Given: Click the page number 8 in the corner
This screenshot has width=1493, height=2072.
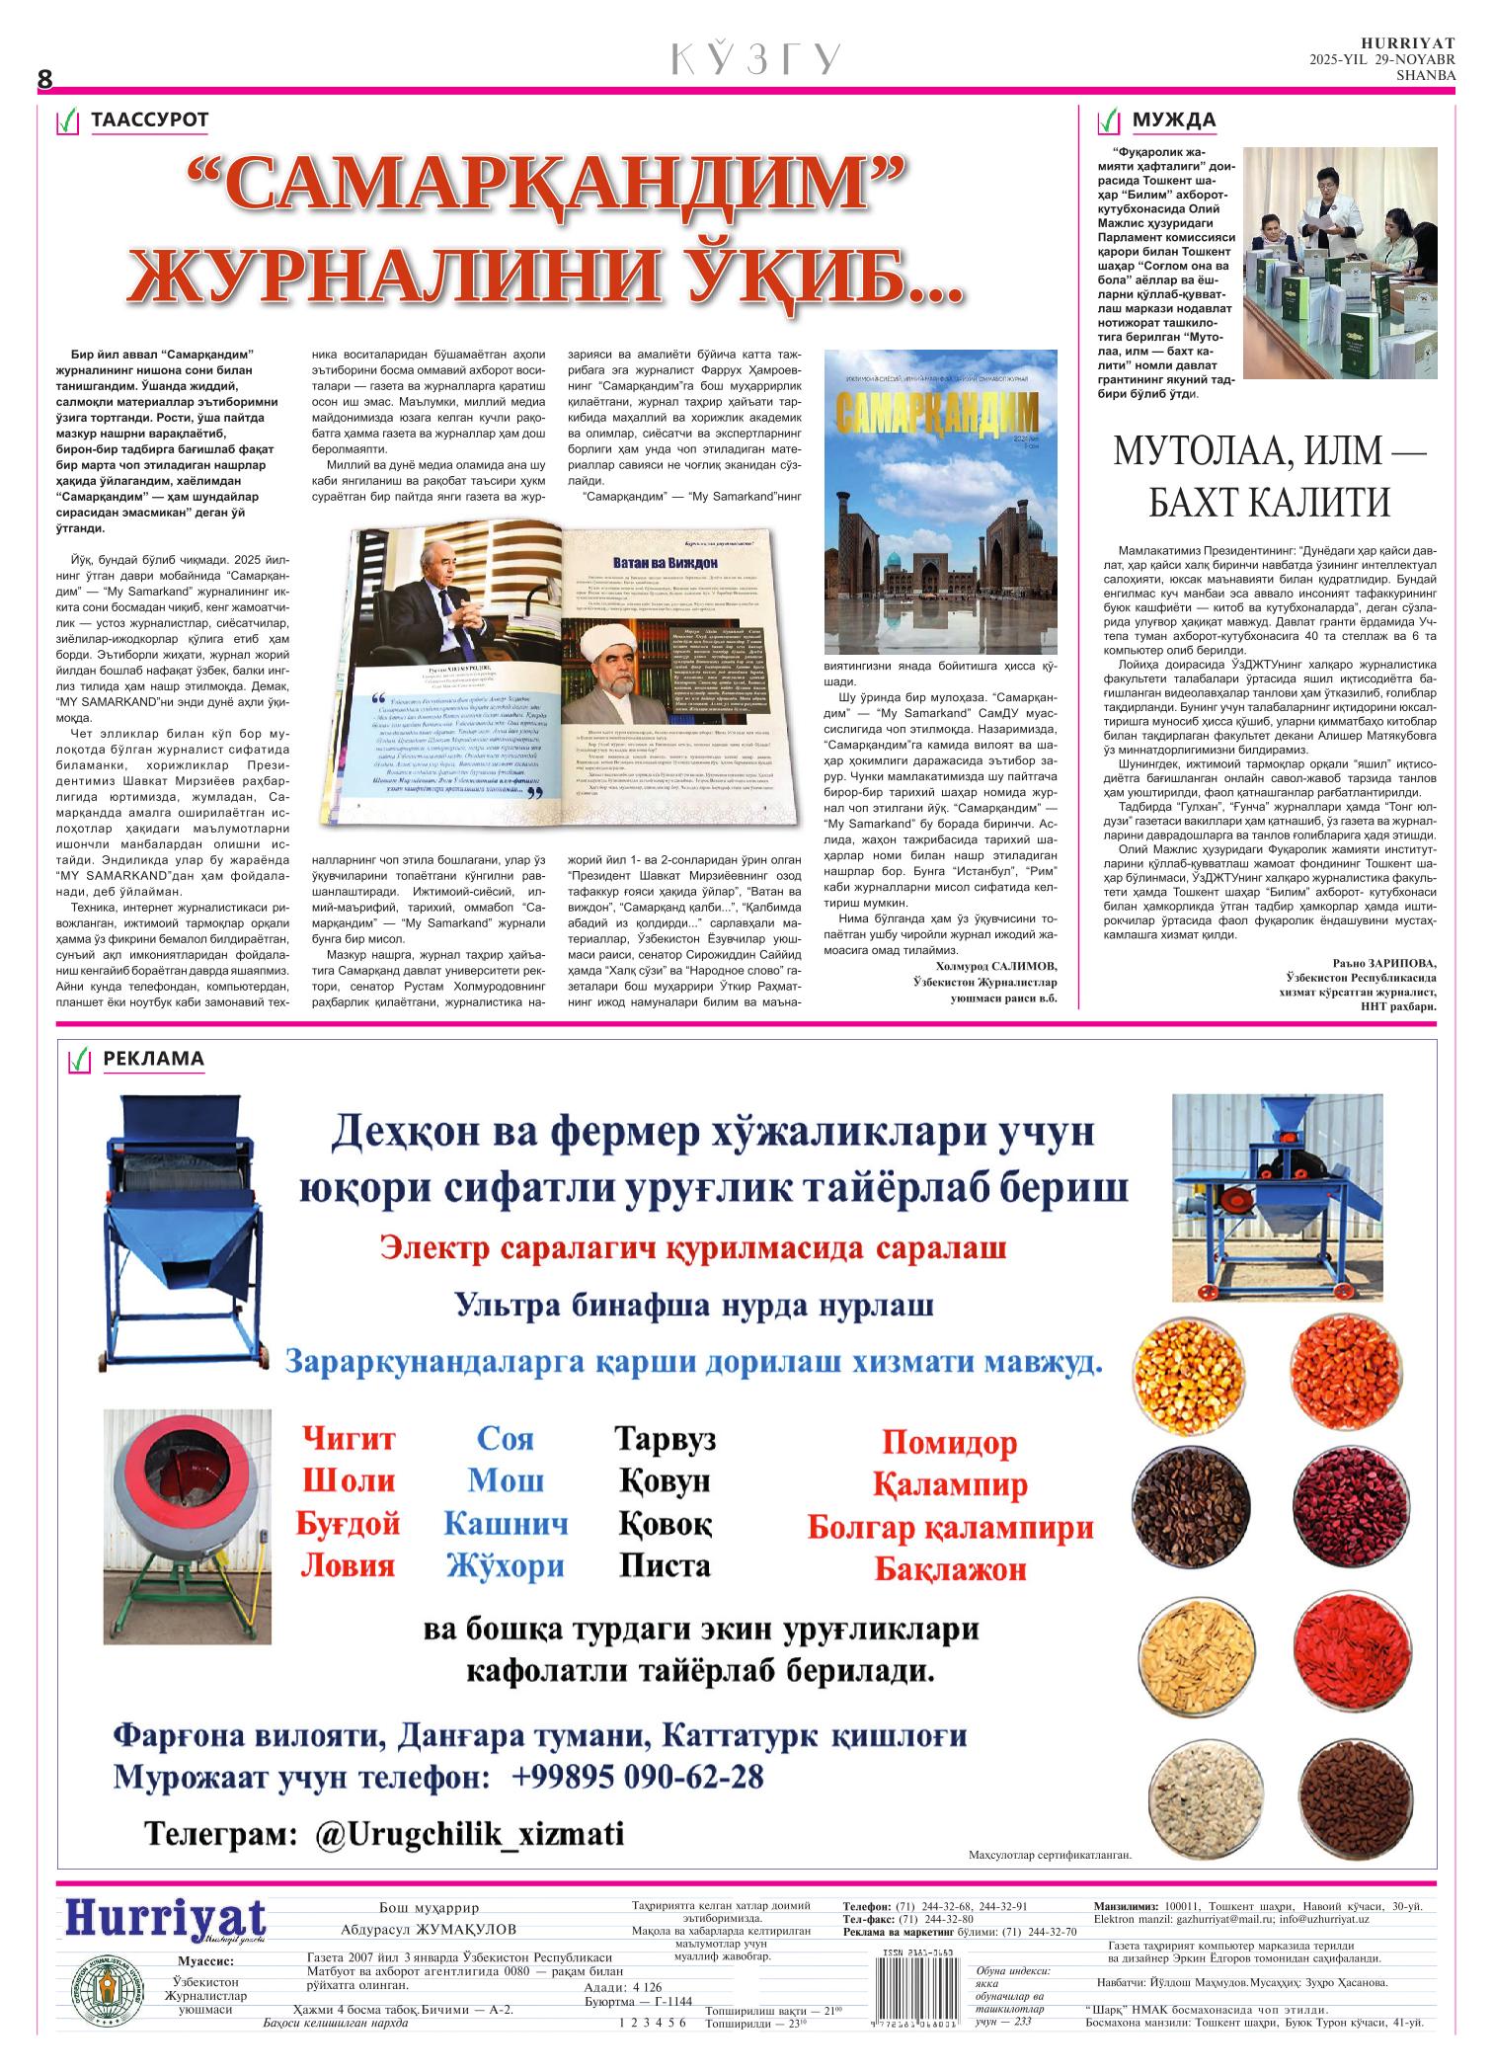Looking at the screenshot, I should (44, 79).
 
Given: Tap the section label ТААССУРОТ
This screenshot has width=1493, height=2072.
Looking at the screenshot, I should (149, 120).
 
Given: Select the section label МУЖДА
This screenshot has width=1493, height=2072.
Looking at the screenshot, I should (1173, 120).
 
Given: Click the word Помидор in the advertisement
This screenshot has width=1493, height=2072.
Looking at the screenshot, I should (949, 1444).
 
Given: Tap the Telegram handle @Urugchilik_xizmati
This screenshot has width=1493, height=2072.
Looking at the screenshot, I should (470, 1834).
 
